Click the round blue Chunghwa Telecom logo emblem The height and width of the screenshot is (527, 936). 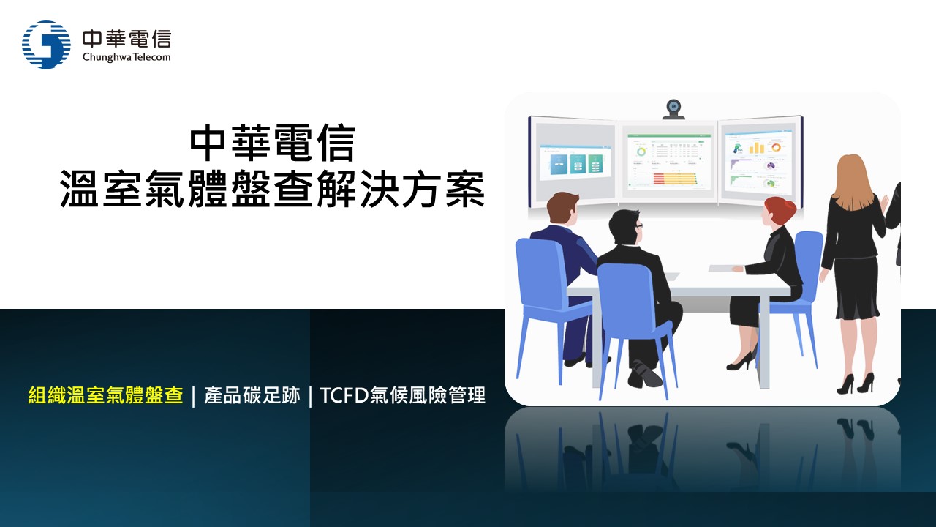click(x=46, y=45)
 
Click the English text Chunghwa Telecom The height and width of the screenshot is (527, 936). click(x=127, y=57)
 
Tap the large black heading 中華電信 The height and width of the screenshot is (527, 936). click(x=273, y=143)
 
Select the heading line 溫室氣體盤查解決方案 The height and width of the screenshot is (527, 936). click(x=273, y=189)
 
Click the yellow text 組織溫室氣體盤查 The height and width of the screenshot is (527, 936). click(x=105, y=395)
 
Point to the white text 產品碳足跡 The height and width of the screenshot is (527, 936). click(x=252, y=395)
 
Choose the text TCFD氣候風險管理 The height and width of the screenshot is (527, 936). click(x=402, y=395)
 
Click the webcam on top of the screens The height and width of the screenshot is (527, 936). click(x=673, y=109)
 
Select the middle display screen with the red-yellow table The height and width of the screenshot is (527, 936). click(x=668, y=161)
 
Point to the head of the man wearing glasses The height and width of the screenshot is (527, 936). click(x=624, y=229)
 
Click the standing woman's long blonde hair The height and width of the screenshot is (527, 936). click(x=853, y=181)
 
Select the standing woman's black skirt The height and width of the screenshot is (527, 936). click(x=856, y=288)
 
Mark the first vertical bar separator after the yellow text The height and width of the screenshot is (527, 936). click(x=194, y=397)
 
